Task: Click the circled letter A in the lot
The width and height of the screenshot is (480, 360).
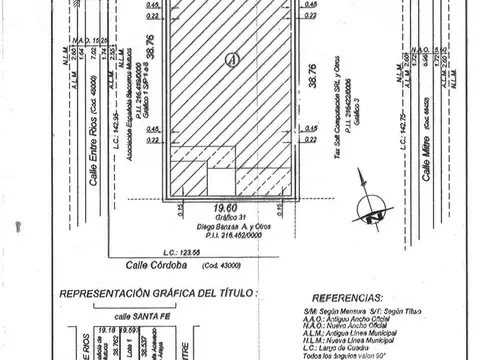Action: pos(233,60)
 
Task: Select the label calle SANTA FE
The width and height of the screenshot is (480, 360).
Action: pos(111,314)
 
